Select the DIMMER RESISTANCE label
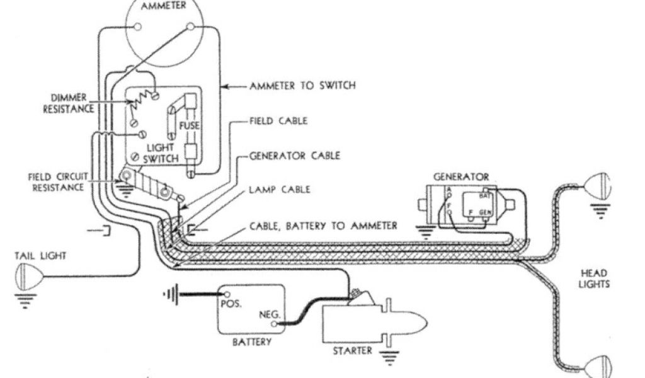69,103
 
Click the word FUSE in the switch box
189,126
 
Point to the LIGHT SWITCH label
160,152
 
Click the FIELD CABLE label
278,120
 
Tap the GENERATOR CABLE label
294,155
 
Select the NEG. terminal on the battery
274,324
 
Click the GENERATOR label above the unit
461,177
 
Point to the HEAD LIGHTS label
594,278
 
